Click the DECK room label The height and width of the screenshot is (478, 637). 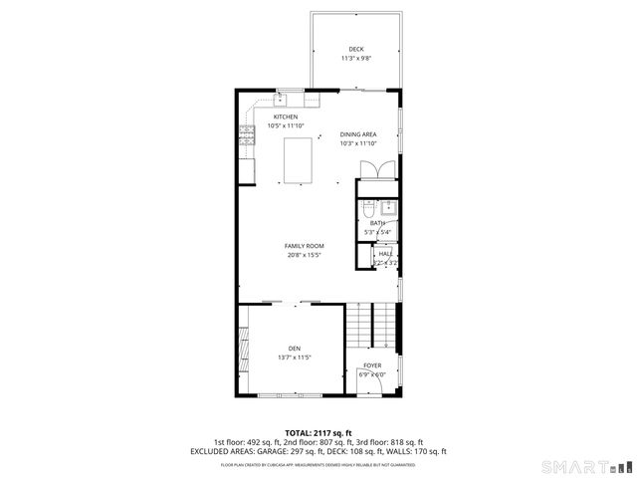coord(355,50)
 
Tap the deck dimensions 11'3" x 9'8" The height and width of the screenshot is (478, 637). coord(355,59)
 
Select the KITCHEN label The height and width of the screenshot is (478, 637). coord(286,117)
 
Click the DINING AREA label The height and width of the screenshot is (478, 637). coord(357,134)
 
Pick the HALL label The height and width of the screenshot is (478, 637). coord(385,255)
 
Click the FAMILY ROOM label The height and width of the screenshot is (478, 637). coord(304,246)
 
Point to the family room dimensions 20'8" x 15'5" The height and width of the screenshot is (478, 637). coord(304,255)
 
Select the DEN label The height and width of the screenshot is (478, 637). coord(296,348)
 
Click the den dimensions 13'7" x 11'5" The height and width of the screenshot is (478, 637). coord(296,357)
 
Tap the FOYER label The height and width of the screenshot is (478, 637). coord(372,365)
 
